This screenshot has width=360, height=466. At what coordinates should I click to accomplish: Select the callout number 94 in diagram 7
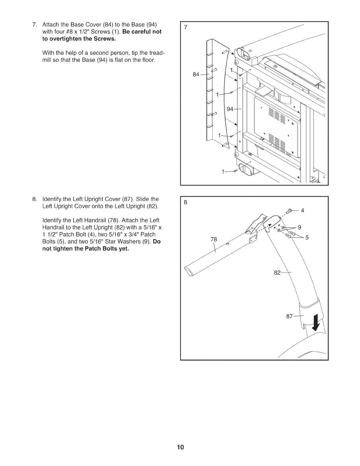pos(230,109)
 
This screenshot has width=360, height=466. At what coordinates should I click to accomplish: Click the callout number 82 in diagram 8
pos(277,273)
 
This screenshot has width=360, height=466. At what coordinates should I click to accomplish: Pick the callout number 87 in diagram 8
pos(290,317)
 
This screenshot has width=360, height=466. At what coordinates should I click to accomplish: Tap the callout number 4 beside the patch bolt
pos(302,210)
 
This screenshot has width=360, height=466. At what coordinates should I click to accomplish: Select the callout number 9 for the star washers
pos(299,227)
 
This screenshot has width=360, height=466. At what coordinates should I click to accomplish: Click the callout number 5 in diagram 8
pos(307,238)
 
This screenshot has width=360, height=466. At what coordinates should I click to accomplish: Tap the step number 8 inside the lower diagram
pos(186,202)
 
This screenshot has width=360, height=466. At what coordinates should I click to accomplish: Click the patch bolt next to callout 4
pos(289,211)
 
